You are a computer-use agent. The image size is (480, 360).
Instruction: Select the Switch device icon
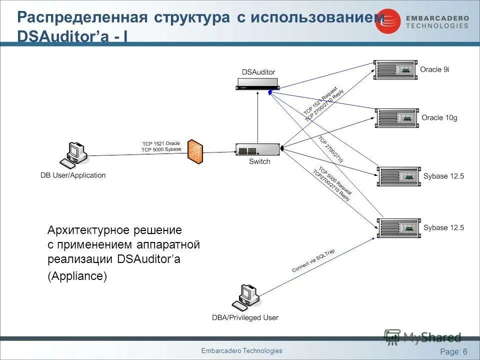(x=257, y=149)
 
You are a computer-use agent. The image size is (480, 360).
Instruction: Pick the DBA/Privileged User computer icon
(x=246, y=296)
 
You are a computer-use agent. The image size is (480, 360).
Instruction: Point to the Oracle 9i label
(x=434, y=69)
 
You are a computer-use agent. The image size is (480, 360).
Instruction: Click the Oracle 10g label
(x=439, y=118)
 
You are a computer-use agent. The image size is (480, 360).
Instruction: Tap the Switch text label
(x=259, y=161)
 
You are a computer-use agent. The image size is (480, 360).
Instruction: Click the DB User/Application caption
(x=73, y=175)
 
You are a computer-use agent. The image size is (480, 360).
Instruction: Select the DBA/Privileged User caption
(x=245, y=317)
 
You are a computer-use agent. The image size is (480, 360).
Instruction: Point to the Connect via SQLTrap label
(x=313, y=261)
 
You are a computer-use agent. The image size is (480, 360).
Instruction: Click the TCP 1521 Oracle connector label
(x=161, y=143)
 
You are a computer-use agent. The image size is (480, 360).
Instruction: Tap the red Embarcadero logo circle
(x=388, y=21)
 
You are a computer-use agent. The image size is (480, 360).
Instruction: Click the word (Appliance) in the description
(x=77, y=276)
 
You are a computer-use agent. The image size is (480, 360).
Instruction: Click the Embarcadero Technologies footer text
(x=241, y=351)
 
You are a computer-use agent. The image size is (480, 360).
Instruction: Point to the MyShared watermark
(x=423, y=337)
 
